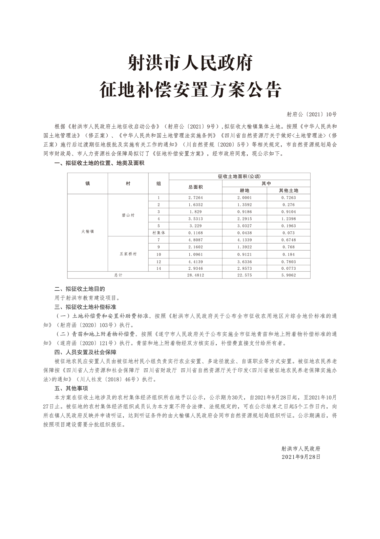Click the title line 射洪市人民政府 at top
pyautogui.click(x=190, y=63)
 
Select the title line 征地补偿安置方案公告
pyautogui.click(x=190, y=90)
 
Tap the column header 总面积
pyautogui.click(x=195, y=187)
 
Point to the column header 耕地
pyautogui.click(x=244, y=191)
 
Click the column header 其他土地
pyautogui.click(x=288, y=191)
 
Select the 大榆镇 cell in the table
pyautogui.click(x=87, y=231)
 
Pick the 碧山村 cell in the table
pyautogui.click(x=128, y=215)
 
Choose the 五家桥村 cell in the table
pyautogui.click(x=128, y=254)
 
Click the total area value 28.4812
pyautogui.click(x=195, y=275)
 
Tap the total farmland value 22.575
pyautogui.click(x=244, y=275)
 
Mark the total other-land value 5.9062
pyautogui.click(x=288, y=275)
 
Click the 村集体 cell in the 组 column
pyautogui.click(x=159, y=233)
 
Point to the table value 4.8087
pyautogui.click(x=195, y=240)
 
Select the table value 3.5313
pyautogui.click(x=195, y=219)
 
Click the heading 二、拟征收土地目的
pyautogui.click(x=80, y=289)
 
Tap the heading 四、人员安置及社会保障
pyautogui.click(x=85, y=352)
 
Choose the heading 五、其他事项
pyautogui.click(x=71, y=388)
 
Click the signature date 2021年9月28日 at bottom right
pyautogui.click(x=301, y=457)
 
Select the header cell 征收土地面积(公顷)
pyautogui.click(x=239, y=176)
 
